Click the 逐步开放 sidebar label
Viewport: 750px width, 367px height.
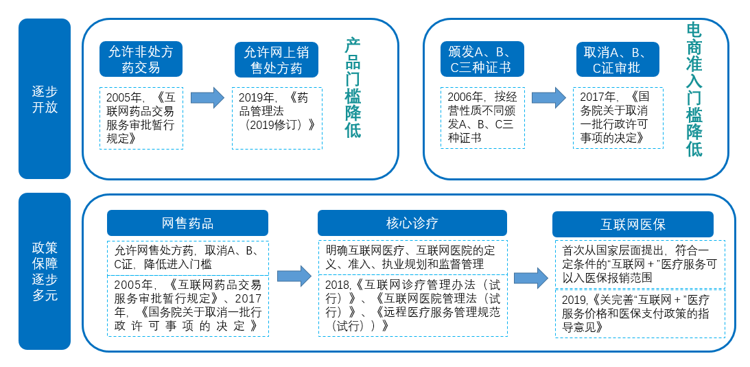point(45,99)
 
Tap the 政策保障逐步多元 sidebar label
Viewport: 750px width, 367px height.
point(45,271)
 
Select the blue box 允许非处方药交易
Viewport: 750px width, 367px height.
point(141,59)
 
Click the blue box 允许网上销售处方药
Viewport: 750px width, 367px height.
point(277,59)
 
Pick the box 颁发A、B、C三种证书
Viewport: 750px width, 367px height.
point(482,59)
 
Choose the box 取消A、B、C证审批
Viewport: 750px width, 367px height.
point(618,59)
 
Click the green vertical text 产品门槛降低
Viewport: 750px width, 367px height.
point(353,88)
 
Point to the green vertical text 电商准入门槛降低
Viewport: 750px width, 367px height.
point(694,90)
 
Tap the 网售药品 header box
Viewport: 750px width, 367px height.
point(187,223)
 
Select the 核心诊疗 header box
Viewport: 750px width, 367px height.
point(412,223)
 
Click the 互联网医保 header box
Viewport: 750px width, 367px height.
point(633,224)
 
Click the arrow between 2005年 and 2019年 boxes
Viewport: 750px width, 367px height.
point(208,98)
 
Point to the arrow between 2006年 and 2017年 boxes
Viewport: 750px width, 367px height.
point(549,98)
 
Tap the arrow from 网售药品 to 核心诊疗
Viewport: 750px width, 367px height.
point(294,276)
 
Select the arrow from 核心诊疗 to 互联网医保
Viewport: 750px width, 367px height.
point(531,278)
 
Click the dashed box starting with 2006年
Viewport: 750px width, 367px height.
point(482,118)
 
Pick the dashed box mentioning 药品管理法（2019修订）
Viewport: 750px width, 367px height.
point(277,118)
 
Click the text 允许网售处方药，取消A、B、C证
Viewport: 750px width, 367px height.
point(187,257)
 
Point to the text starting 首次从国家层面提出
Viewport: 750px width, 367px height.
point(640,264)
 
